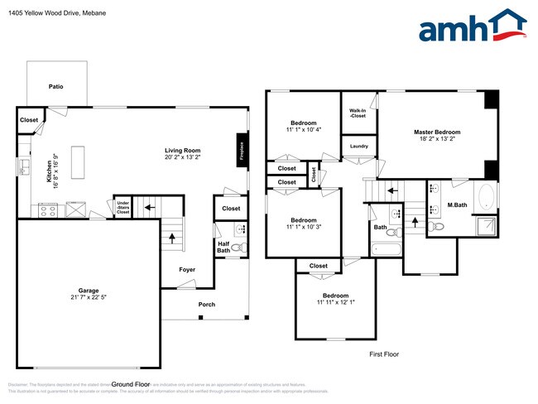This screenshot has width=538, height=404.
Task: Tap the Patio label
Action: pos(55,86)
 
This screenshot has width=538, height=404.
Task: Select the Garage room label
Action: pos(89,291)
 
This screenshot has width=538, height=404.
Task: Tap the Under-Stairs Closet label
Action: pos(122,207)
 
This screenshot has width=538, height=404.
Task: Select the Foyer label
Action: pos(188,270)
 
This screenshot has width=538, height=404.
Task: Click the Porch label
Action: pos(206,305)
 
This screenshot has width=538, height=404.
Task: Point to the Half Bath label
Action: pos(223,248)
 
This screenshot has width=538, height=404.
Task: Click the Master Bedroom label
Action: pos(437,132)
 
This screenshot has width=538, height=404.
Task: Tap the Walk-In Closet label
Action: pos(358,113)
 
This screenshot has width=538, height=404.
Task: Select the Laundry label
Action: pos(358,147)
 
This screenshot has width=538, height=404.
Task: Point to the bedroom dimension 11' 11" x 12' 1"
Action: pos(335,302)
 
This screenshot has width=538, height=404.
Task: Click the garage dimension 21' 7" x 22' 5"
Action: pos(89,297)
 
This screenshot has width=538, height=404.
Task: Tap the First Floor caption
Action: pos(384,354)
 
